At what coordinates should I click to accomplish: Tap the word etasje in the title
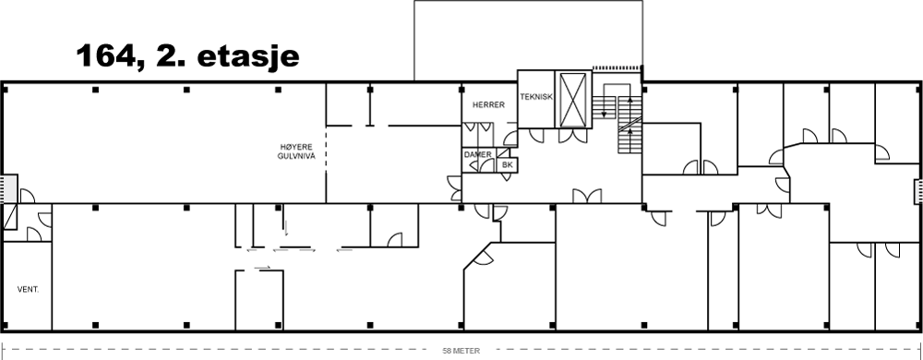point(246,58)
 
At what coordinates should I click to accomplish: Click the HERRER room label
point(488,104)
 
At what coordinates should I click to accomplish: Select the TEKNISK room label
point(536,97)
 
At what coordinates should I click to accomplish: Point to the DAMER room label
point(477,155)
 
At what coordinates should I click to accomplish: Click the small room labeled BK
point(508,165)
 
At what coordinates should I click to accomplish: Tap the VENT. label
point(29,290)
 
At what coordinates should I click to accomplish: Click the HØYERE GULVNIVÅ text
point(297,151)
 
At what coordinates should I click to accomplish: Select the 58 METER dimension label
point(461,351)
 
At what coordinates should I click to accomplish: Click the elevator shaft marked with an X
point(573,100)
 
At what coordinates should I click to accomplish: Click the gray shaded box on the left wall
point(9,188)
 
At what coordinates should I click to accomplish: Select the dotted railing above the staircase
point(617,67)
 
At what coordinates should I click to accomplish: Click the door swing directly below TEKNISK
point(537,136)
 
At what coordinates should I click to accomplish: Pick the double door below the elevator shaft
point(573,136)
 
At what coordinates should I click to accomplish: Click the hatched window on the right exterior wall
point(917,192)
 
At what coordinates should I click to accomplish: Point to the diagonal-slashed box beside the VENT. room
point(10,217)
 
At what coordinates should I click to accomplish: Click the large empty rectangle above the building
point(528,40)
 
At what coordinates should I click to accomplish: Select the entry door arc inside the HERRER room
point(510,138)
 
